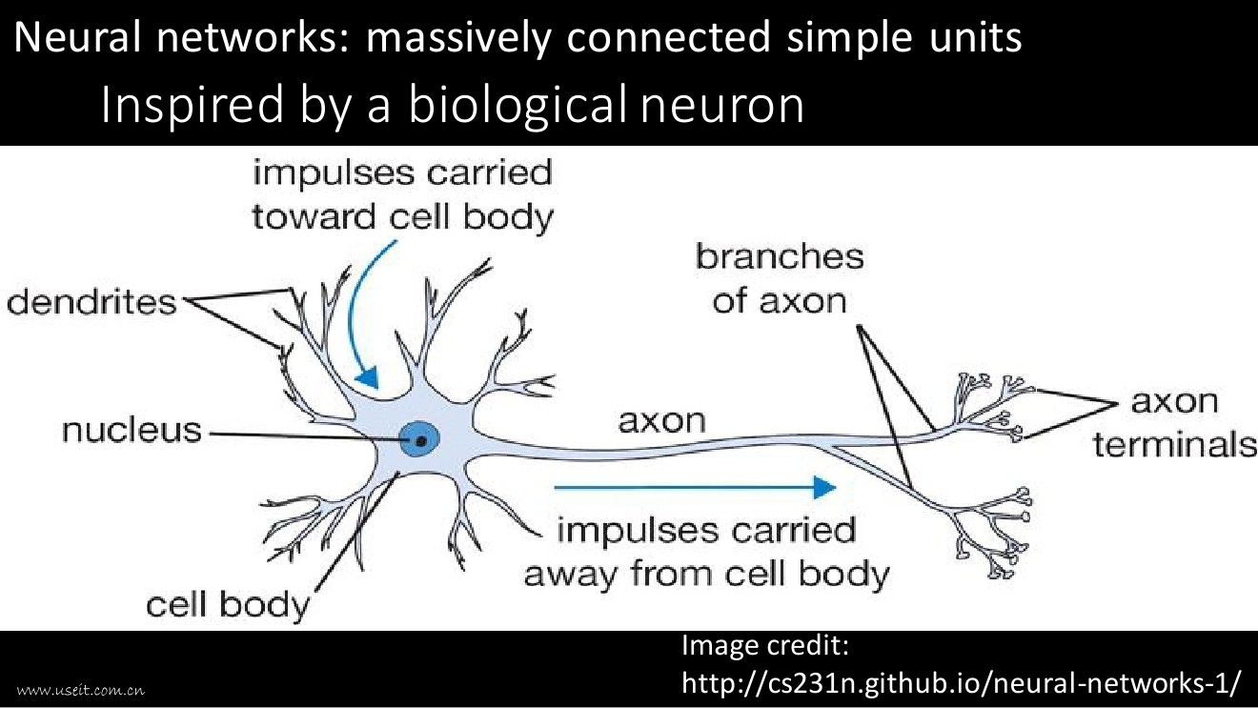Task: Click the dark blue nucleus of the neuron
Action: (x=419, y=439)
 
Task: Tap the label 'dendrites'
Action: (x=91, y=302)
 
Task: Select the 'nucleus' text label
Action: (x=132, y=431)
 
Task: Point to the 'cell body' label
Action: (x=228, y=604)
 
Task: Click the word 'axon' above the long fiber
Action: (x=662, y=420)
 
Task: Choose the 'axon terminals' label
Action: (x=1174, y=422)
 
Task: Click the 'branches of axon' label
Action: (x=779, y=278)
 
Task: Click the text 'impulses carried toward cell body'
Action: (x=402, y=195)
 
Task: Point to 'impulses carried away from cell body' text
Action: (x=706, y=553)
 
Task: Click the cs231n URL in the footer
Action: (x=963, y=682)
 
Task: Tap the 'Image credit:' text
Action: (x=765, y=646)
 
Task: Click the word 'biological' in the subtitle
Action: (x=520, y=106)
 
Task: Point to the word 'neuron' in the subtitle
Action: (x=722, y=106)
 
